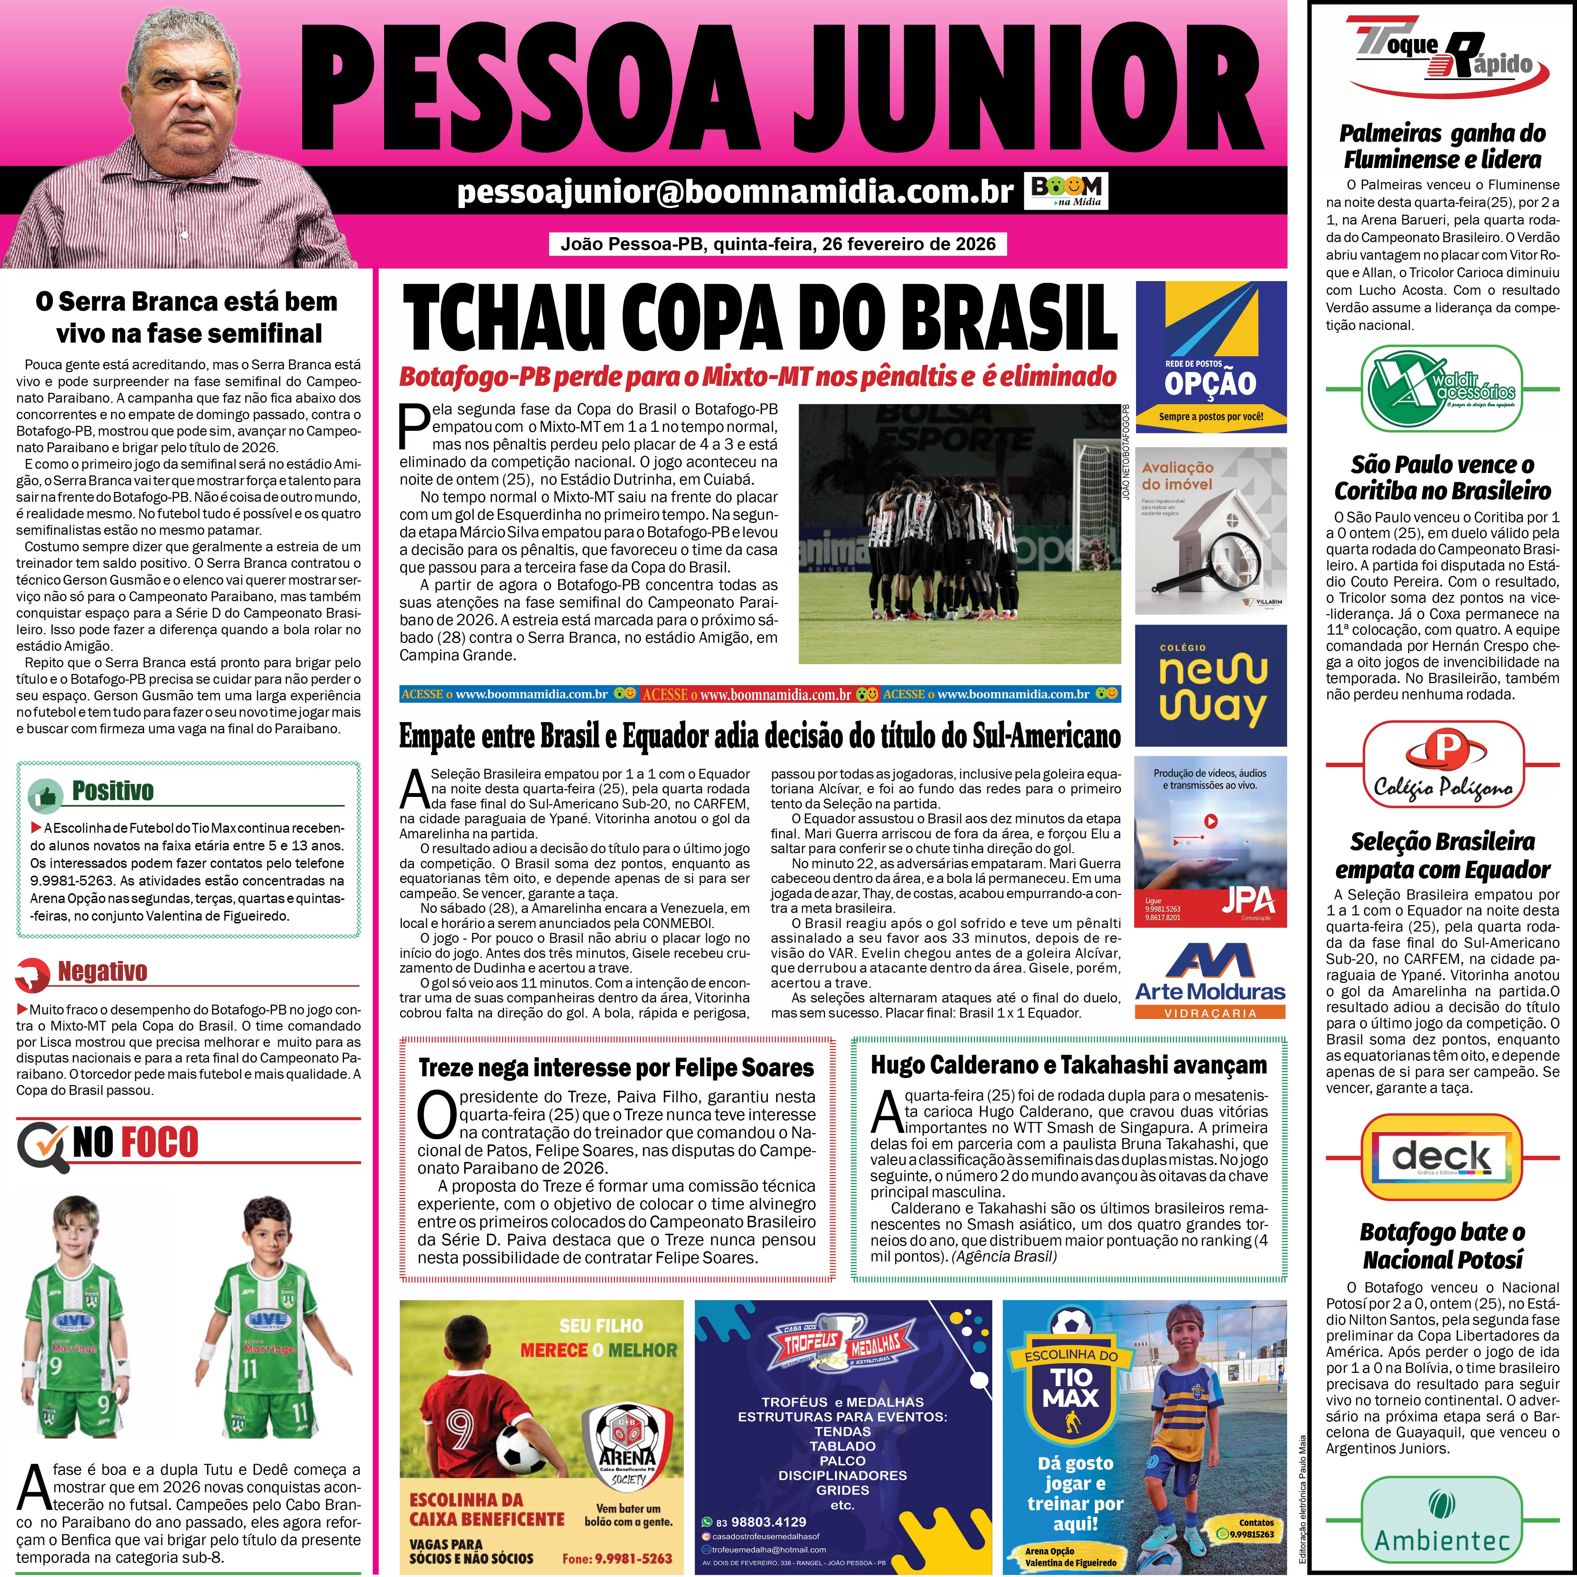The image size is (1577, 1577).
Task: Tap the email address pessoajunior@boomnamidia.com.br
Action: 735,191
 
